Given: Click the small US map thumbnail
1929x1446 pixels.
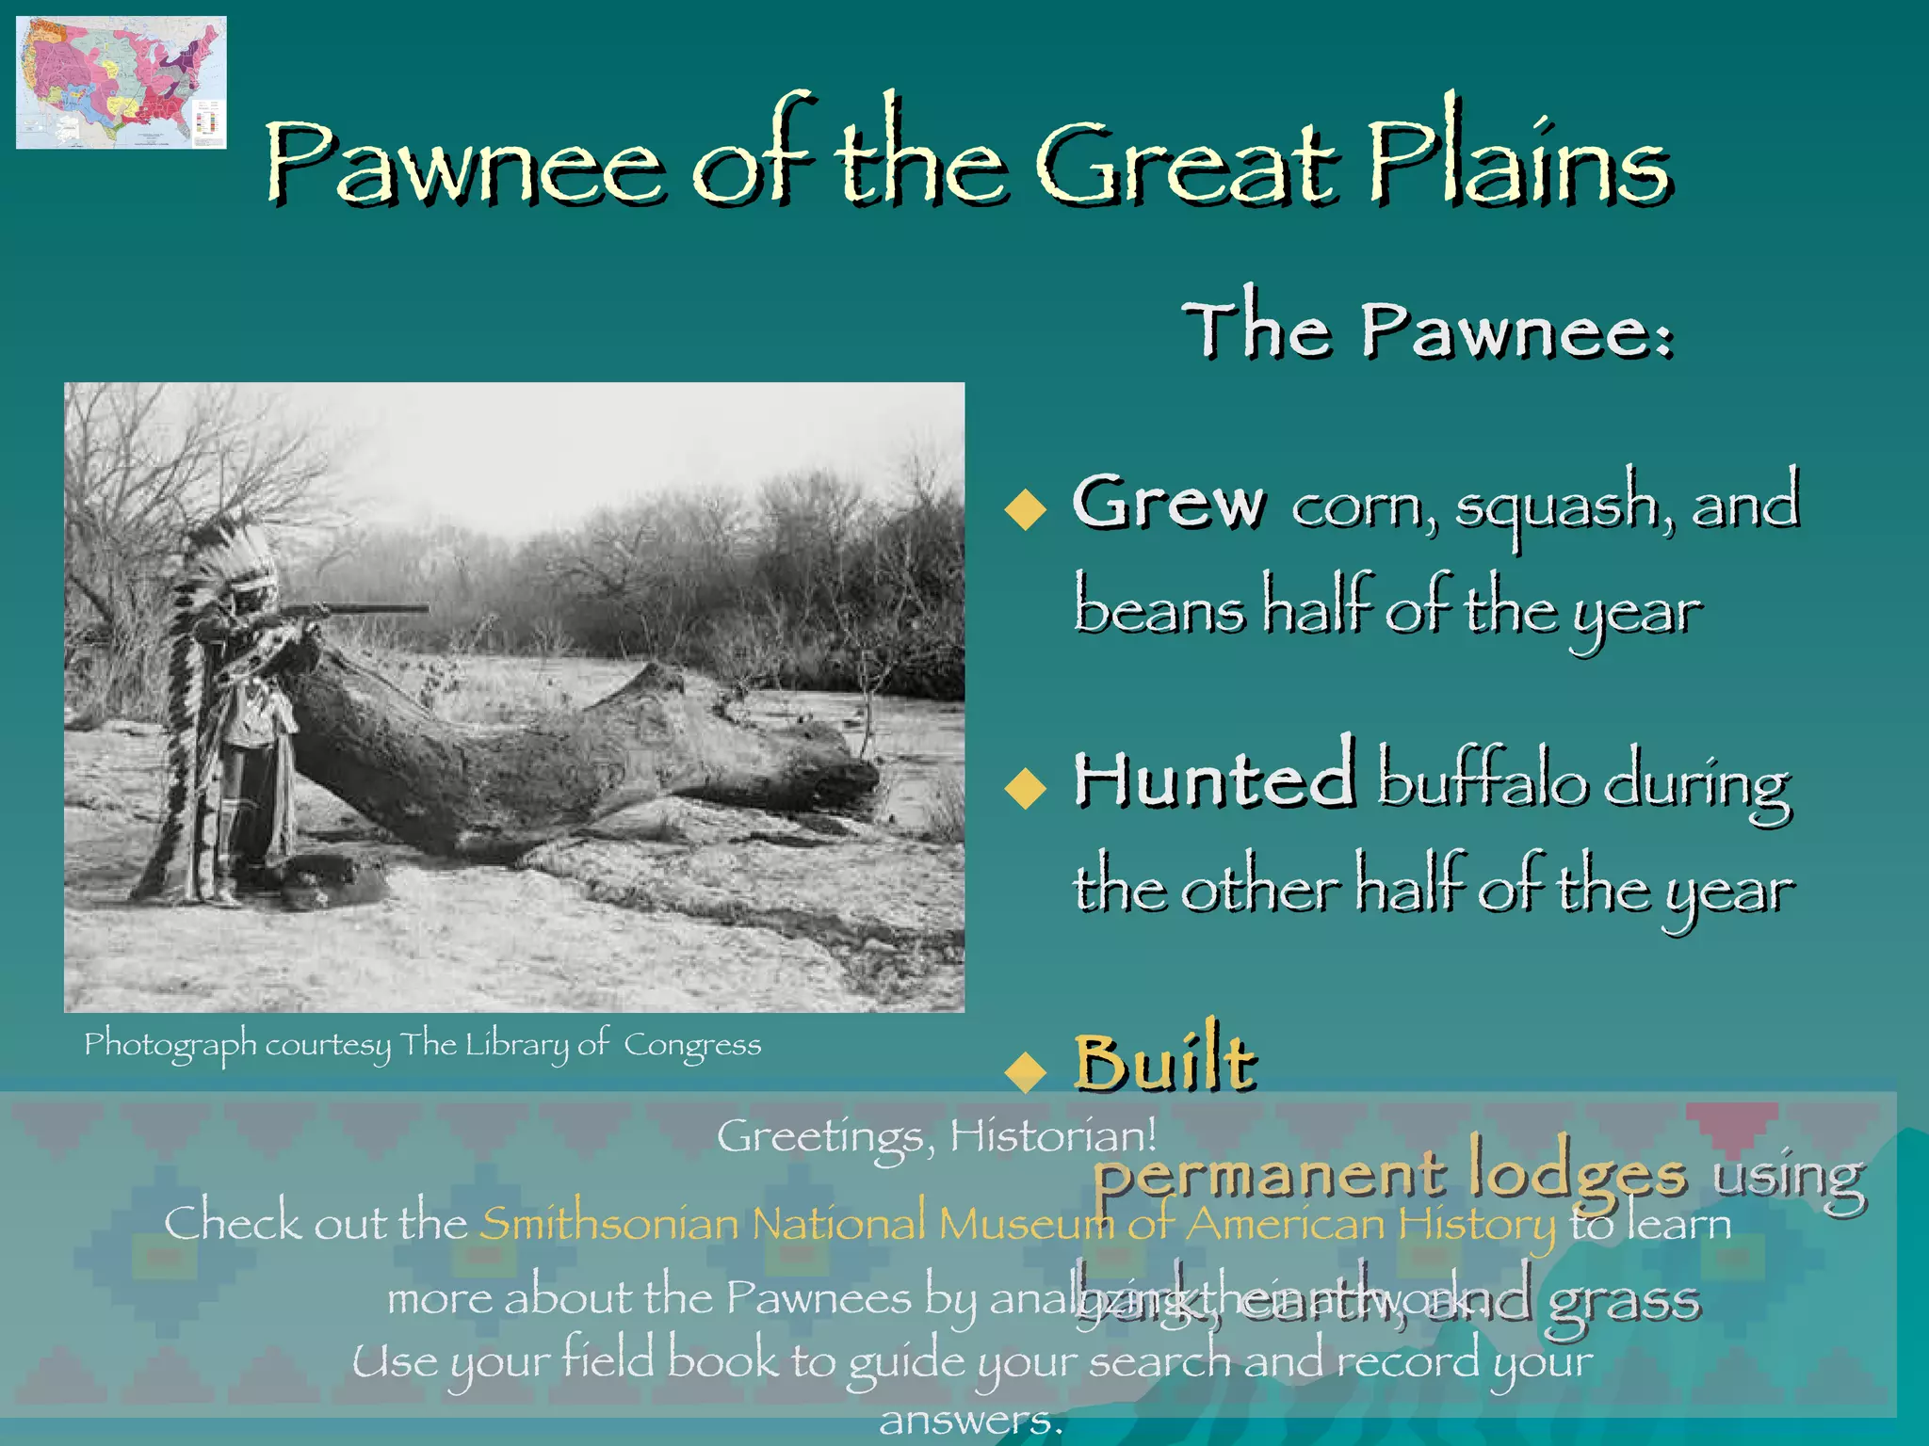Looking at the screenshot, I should click(x=121, y=82).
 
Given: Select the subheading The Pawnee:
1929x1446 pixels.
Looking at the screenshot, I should click(x=1428, y=329).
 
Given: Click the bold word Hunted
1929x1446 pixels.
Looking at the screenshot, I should click(x=1215, y=779).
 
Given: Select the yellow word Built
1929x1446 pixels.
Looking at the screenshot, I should click(x=1165, y=1061).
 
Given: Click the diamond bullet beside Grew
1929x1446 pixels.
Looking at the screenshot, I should click(x=1026, y=509).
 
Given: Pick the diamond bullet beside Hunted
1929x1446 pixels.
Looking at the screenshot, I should click(x=1026, y=787).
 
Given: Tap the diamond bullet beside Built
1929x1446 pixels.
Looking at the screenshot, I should click(x=1026, y=1070).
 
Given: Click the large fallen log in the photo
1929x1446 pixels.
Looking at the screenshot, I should click(x=565, y=753).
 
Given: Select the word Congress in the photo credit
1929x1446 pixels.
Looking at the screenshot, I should click(x=692, y=1045).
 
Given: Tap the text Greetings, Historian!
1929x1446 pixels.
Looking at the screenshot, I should click(x=936, y=1135).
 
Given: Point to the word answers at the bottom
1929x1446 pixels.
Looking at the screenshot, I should click(x=970, y=1420).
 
